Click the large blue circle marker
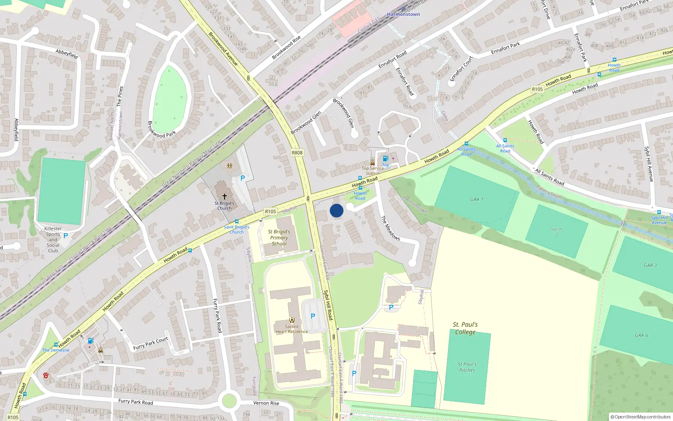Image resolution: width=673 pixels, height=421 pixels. (336, 210)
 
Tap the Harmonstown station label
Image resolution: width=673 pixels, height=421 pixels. (403, 14)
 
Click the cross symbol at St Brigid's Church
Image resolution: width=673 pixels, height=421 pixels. (225, 197)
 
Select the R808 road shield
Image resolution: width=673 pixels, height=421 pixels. (297, 153)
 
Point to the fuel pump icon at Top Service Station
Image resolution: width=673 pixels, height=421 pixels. (385, 159)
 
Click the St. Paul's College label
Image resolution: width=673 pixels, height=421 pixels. (465, 328)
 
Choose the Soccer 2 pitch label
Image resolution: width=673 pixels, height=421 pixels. (556, 232)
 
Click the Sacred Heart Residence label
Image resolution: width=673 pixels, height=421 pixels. (291, 329)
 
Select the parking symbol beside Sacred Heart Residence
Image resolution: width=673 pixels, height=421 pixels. (313, 316)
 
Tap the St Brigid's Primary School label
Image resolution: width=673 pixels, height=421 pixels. (279, 237)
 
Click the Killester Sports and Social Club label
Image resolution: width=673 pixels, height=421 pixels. (53, 240)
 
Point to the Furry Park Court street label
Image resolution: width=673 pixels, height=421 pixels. (151, 344)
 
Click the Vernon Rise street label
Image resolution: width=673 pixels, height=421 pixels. (266, 403)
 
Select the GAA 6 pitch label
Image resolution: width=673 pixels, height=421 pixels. (641, 335)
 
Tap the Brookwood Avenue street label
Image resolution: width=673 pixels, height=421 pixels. (223, 49)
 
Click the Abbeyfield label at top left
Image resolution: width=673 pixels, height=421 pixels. (67, 54)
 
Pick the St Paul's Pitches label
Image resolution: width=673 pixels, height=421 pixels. (467, 367)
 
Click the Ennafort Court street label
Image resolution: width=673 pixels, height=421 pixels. (461, 69)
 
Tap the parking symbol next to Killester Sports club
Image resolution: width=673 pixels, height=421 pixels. (66, 236)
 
